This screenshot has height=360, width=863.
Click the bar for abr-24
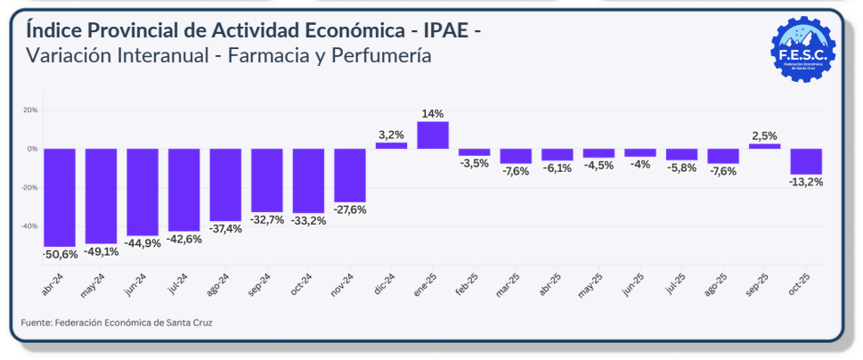click(59, 197)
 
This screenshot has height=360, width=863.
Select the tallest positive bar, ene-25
click(433, 135)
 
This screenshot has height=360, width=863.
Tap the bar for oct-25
click(806, 161)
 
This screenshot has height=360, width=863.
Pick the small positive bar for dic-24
click(391, 145)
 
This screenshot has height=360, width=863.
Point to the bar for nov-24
click(350, 176)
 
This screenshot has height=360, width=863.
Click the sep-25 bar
click(764, 146)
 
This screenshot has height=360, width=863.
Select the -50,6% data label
click(60, 255)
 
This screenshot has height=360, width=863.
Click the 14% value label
click(433, 113)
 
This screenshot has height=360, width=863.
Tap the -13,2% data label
click(806, 182)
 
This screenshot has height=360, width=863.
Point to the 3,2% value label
click(391, 135)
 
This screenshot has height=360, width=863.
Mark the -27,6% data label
click(350, 210)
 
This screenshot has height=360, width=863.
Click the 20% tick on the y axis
click(30, 110)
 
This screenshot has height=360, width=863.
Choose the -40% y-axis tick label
click(29, 226)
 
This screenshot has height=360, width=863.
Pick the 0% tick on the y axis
click(32, 149)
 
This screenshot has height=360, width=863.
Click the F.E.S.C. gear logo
click(802, 49)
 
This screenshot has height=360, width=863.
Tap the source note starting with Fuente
click(117, 322)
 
